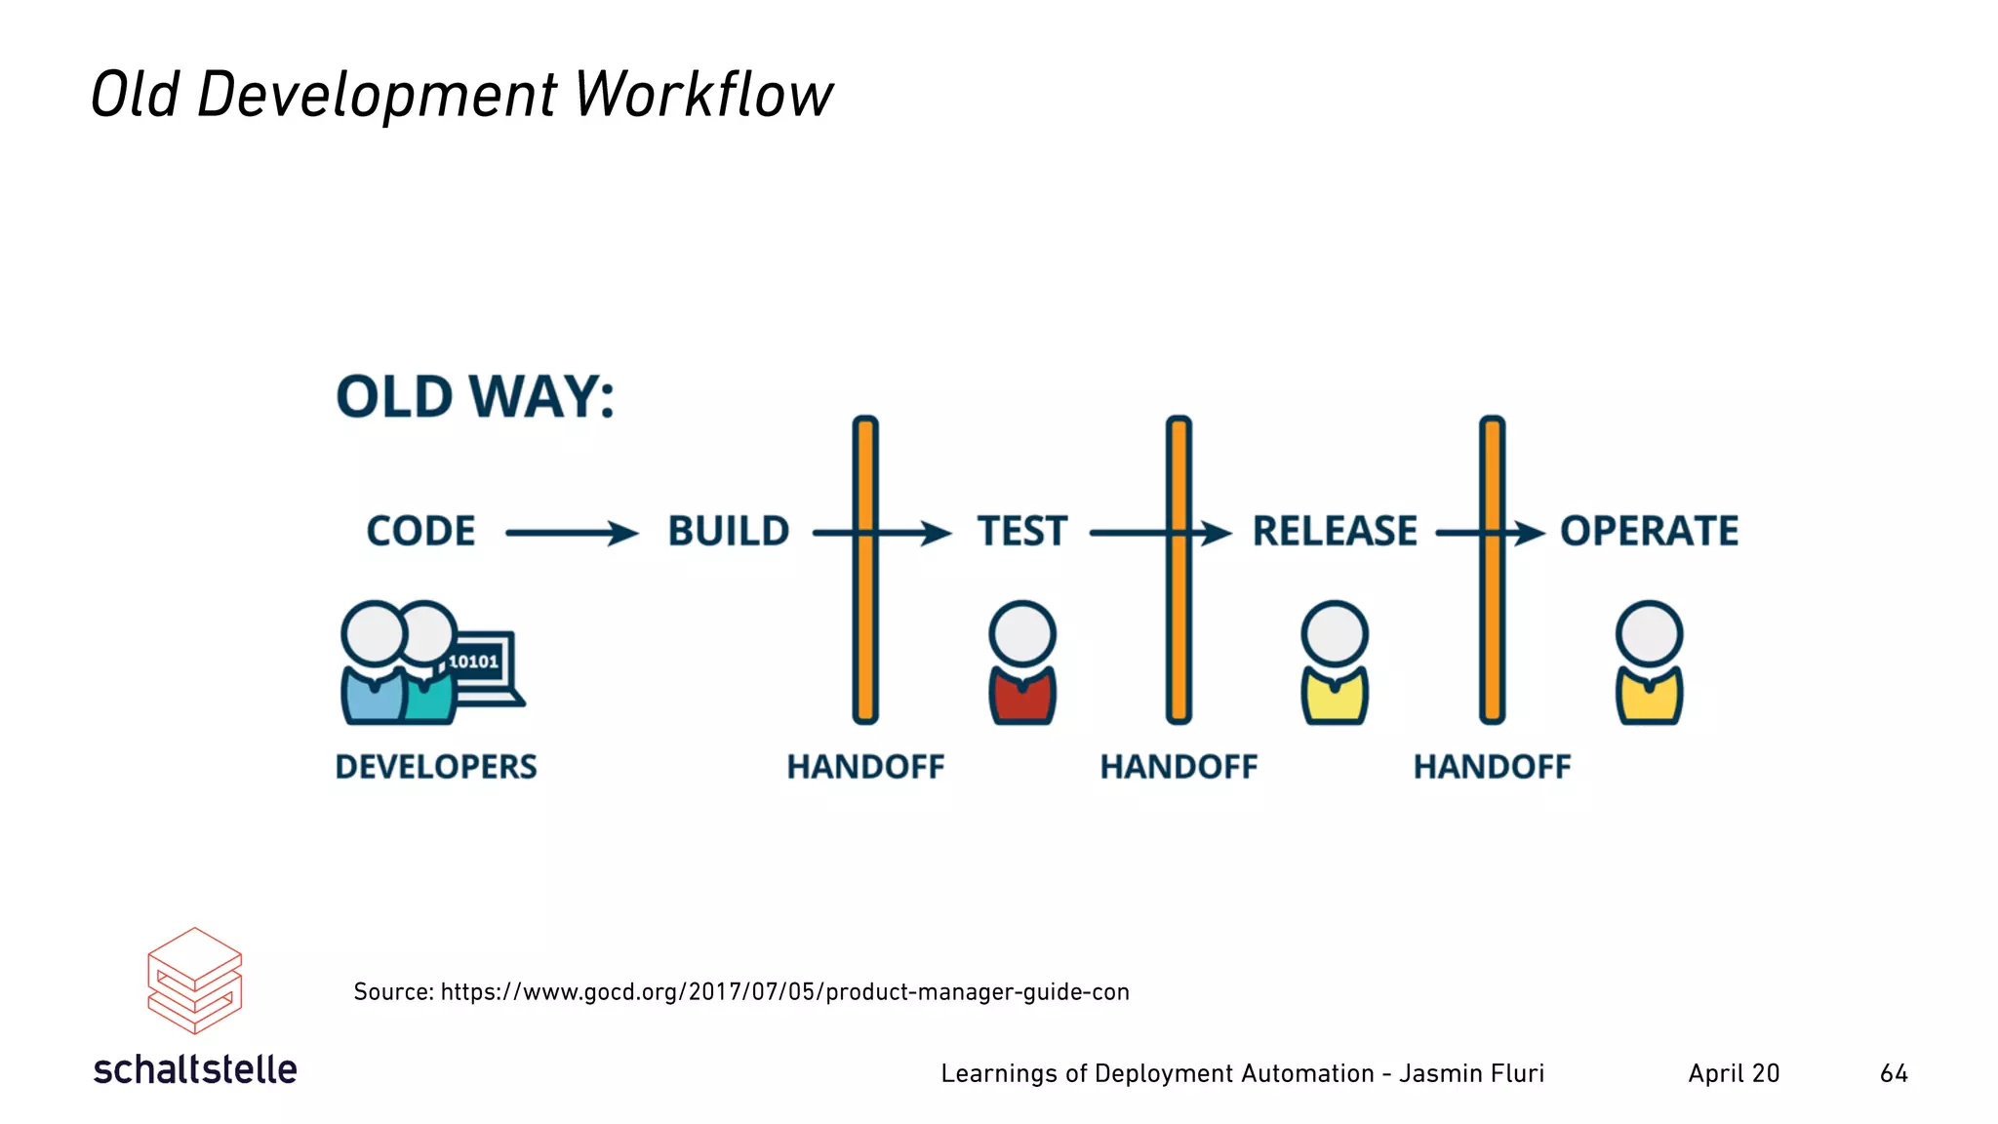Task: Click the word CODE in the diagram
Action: pyautogui.click(x=420, y=532)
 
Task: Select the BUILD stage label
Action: pyautogui.click(x=729, y=532)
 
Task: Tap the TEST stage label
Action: pyautogui.click(x=1022, y=532)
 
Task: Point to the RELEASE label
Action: pyautogui.click(x=1335, y=532)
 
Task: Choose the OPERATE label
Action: pyautogui.click(x=1649, y=532)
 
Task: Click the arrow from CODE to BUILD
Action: pyautogui.click(x=571, y=533)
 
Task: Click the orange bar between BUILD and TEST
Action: pyautogui.click(x=865, y=624)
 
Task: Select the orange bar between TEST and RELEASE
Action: pyautogui.click(x=1179, y=624)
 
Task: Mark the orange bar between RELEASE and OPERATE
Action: pyautogui.click(x=1492, y=624)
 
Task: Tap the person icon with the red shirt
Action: pyautogui.click(x=1022, y=663)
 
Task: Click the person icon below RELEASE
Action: pyautogui.click(x=1335, y=663)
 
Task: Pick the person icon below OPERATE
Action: pyautogui.click(x=1649, y=663)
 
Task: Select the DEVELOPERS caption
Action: pyautogui.click(x=436, y=767)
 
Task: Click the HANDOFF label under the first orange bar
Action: pyautogui.click(x=865, y=767)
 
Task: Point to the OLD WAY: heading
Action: pyautogui.click(x=475, y=397)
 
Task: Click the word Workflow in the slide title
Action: pyautogui.click(x=703, y=96)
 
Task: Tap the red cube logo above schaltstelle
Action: pyautogui.click(x=194, y=981)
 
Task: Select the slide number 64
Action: pyautogui.click(x=1894, y=1073)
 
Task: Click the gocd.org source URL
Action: pyautogui.click(x=784, y=992)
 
